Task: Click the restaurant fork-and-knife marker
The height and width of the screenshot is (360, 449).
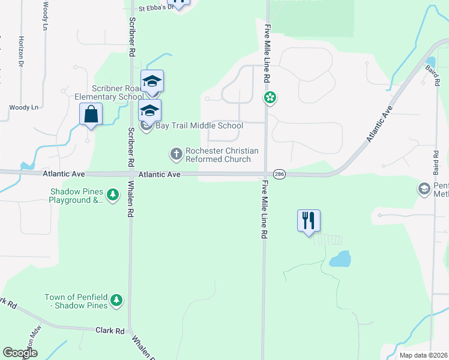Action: point(309,221)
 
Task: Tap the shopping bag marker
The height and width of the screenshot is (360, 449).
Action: point(91,114)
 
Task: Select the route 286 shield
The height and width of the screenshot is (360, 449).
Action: point(279,174)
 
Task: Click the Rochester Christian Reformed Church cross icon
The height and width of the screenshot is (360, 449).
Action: point(176,155)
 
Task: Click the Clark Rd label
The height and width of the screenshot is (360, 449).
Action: point(110,331)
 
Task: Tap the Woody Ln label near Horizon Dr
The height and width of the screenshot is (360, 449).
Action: point(23,107)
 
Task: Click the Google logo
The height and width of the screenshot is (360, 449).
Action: point(20,353)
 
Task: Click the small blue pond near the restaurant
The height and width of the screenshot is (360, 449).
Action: point(340,259)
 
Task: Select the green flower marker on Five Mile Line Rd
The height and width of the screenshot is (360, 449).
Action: point(271,97)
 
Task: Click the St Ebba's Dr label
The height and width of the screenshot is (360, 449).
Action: point(155,8)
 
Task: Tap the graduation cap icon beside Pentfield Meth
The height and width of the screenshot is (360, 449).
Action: point(424,189)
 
